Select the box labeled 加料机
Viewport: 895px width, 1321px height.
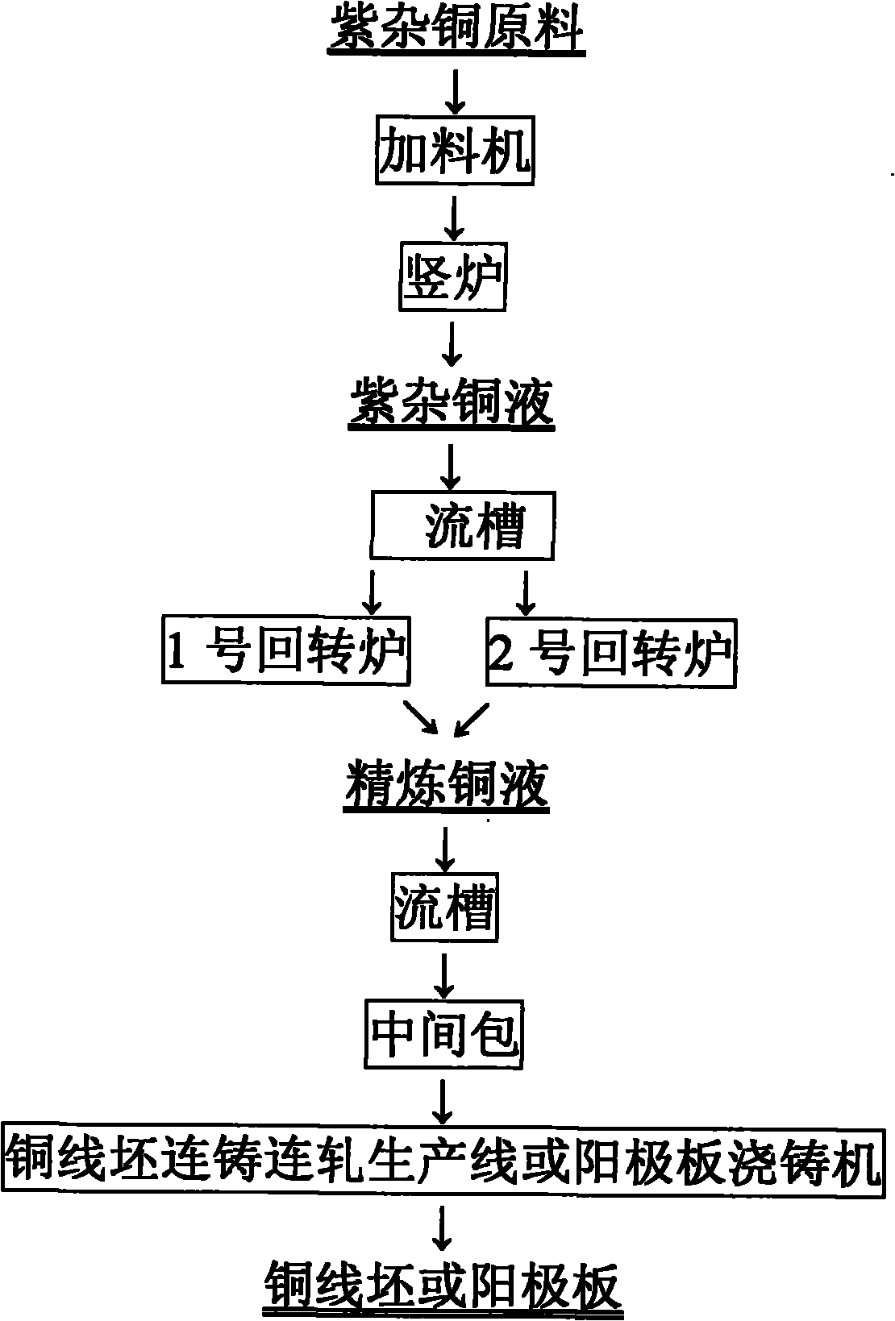[455, 150]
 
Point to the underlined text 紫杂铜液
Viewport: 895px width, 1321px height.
[452, 401]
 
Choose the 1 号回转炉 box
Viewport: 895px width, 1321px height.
[285, 651]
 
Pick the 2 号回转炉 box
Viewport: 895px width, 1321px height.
[611, 651]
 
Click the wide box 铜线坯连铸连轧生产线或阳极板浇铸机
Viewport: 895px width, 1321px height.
[443, 1161]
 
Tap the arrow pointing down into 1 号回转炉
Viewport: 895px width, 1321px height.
[372, 592]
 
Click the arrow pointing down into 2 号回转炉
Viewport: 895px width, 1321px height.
[525, 592]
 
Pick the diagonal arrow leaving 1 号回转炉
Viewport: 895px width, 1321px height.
[421, 717]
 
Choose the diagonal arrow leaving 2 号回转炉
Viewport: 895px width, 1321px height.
[472, 718]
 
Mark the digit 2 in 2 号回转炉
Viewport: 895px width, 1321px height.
[502, 653]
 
